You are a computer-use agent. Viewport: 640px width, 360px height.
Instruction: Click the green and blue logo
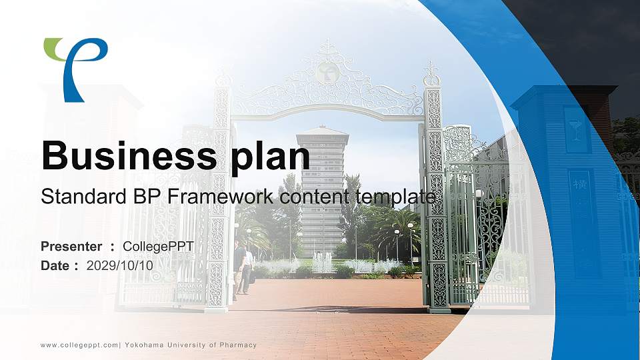click(x=75, y=67)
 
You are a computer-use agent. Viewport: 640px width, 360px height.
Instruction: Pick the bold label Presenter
click(x=71, y=247)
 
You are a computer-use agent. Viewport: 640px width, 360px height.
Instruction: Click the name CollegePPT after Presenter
click(x=159, y=247)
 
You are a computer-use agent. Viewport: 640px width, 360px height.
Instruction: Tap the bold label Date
click(x=55, y=265)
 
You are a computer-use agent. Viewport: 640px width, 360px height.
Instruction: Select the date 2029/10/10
click(x=120, y=265)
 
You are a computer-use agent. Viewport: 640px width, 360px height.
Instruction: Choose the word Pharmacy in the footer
click(x=238, y=345)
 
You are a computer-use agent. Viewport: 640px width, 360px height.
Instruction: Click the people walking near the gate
click(x=243, y=267)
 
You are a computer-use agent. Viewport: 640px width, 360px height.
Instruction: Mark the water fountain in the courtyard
click(x=322, y=262)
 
